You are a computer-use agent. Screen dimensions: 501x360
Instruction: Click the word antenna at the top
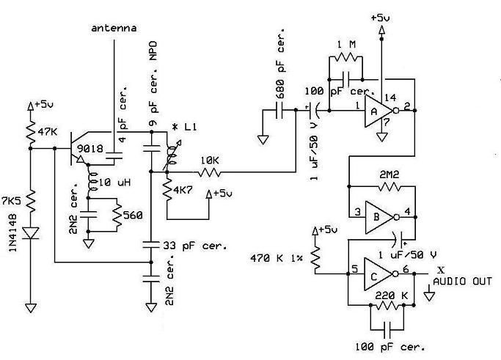(x=114, y=28)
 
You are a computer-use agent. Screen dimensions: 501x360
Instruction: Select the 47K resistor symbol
(x=31, y=131)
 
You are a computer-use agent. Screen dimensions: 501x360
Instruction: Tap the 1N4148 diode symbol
(x=31, y=233)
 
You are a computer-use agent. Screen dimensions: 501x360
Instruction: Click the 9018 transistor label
(x=90, y=149)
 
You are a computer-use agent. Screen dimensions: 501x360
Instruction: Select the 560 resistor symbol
(x=117, y=215)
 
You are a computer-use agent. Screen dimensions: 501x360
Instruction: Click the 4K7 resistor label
(x=183, y=190)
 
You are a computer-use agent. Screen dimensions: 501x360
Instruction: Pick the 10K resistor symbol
(x=209, y=172)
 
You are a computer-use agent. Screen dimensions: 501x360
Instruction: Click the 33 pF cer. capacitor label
(x=195, y=246)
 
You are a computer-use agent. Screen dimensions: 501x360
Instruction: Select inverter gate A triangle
(x=379, y=111)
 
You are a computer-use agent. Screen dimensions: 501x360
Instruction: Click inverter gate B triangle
(x=379, y=217)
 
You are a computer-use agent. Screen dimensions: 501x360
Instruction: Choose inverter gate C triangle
(x=378, y=274)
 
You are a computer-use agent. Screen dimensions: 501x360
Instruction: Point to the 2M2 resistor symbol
(x=389, y=186)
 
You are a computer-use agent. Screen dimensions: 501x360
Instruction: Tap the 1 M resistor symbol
(x=346, y=57)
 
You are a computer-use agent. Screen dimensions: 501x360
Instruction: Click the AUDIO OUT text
(x=462, y=282)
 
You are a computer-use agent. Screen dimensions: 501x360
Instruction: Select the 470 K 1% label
(x=277, y=258)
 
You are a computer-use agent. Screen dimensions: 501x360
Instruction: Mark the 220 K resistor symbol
(x=387, y=306)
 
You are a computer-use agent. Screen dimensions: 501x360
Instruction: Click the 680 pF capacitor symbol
(x=279, y=111)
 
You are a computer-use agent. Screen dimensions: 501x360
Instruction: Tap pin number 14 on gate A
(x=390, y=98)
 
